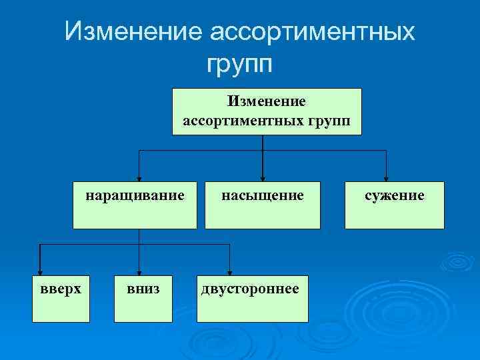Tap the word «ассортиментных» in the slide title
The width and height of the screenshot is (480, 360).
(312, 32)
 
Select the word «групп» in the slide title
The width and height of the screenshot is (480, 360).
(240, 64)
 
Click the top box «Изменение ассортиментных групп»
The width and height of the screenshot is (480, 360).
(267, 111)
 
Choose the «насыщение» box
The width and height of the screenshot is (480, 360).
(263, 205)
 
